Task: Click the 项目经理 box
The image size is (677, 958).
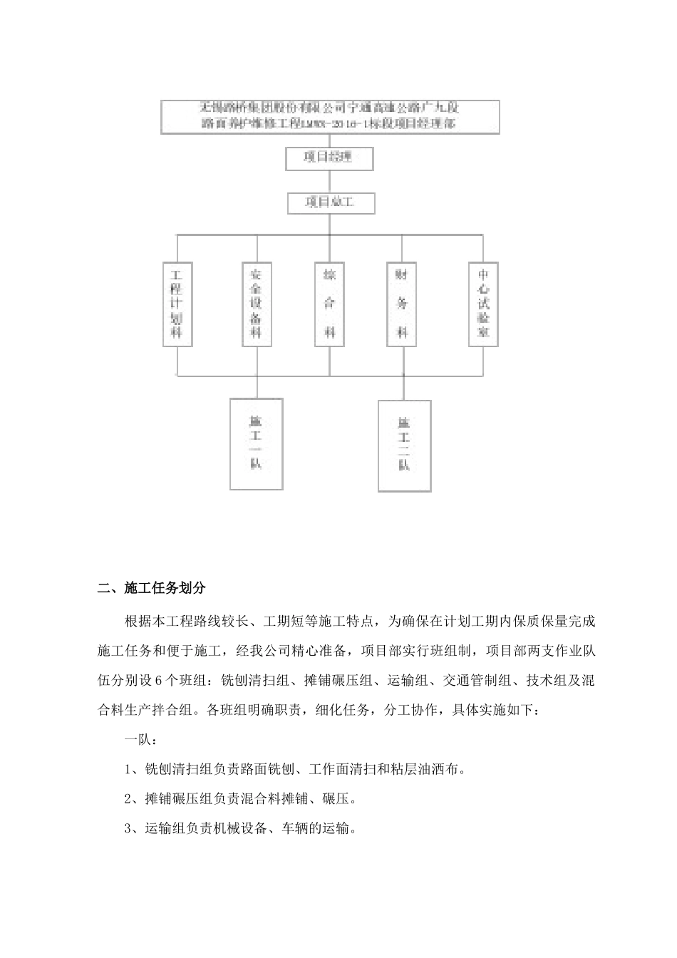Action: point(329,158)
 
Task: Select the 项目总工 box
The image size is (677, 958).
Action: point(330,203)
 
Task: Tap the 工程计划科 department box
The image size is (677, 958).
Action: point(177,304)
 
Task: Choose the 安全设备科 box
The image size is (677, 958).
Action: point(256,304)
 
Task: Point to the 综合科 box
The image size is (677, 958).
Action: point(329,304)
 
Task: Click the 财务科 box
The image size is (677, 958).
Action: point(402,304)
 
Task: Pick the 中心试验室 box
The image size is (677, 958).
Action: point(483,304)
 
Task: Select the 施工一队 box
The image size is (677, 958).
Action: point(256,443)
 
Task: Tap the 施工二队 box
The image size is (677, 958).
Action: point(404,445)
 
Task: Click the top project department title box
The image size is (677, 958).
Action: point(330,117)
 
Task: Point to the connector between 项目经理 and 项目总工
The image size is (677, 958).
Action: point(329,181)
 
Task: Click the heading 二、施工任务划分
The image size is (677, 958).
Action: point(151,588)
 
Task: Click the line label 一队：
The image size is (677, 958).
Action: point(138,740)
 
